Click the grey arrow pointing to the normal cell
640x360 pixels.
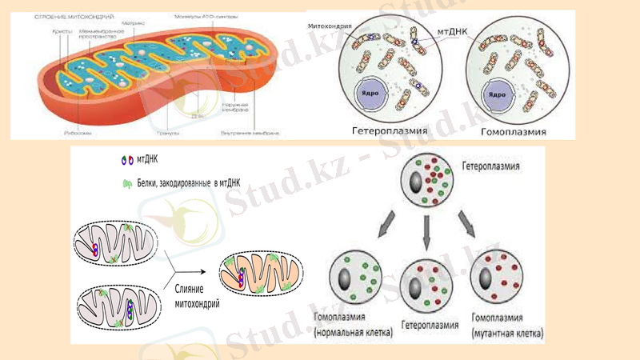[385, 225]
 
